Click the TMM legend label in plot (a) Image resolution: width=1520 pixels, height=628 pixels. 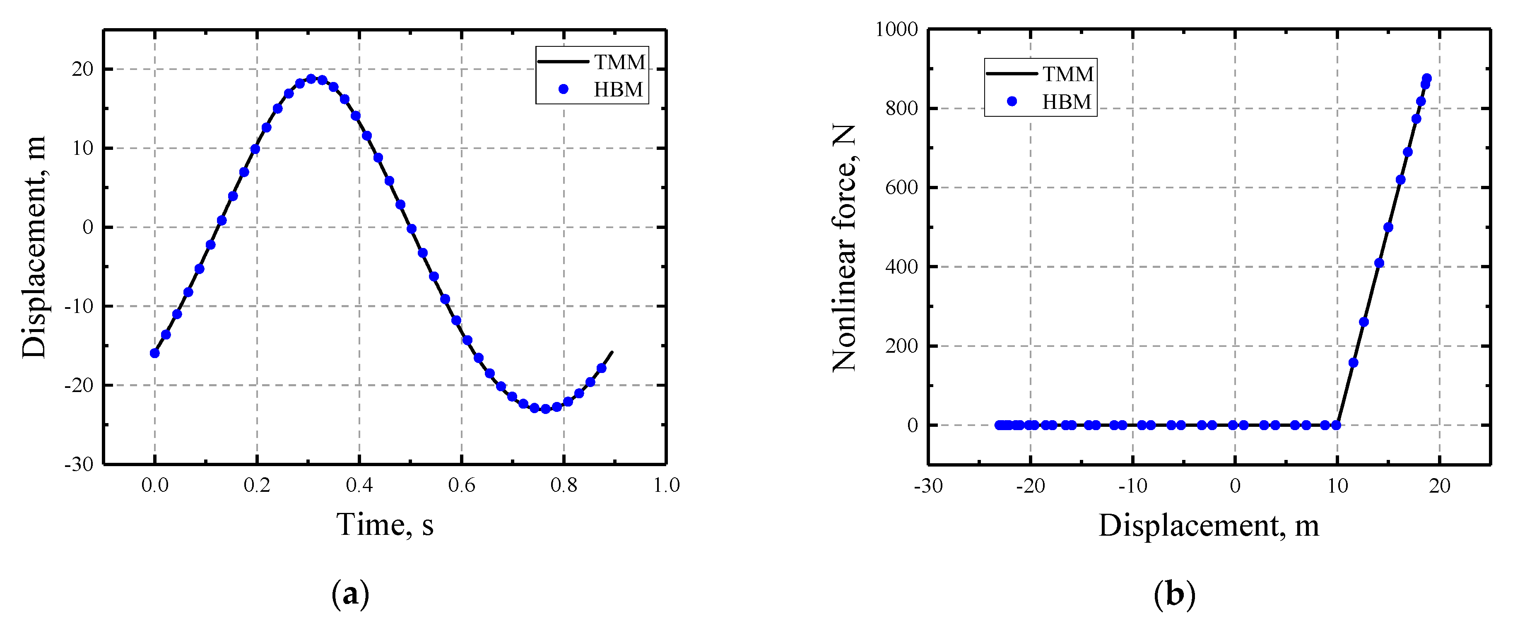[619, 62]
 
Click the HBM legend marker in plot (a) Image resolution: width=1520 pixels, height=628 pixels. [564, 89]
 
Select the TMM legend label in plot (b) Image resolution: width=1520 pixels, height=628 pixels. [1067, 74]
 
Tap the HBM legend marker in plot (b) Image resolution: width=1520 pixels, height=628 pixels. [1012, 101]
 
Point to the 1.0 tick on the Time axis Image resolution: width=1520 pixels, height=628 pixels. [666, 485]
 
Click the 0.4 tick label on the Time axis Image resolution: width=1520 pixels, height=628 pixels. [359, 485]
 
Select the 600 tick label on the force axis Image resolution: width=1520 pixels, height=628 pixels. [902, 188]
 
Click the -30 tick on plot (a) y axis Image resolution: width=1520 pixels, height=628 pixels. [79, 464]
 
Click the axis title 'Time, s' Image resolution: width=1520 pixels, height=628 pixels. [385, 524]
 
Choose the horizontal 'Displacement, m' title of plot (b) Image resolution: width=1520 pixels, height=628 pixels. [1209, 525]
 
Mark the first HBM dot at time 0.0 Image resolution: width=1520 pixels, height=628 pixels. [154, 353]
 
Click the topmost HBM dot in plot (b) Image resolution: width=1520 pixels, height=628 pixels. [1427, 78]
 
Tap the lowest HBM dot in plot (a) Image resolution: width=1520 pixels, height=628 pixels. [545, 409]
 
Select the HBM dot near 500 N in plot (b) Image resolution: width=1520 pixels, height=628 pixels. [1388, 227]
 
